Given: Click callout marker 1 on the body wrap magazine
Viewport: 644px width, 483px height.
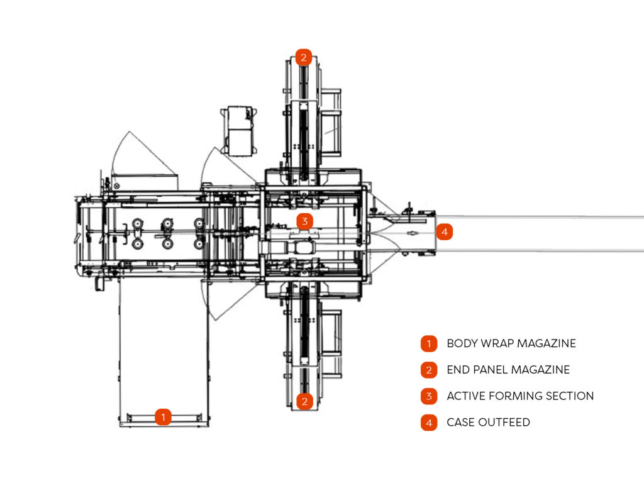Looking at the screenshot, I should (163, 417).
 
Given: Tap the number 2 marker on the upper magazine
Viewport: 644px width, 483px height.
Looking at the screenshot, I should (303, 58).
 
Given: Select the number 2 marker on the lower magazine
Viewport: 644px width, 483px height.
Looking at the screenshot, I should (304, 401).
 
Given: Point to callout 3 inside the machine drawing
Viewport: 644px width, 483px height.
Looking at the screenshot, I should (304, 221).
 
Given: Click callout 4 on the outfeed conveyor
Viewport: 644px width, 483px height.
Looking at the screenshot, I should (444, 231).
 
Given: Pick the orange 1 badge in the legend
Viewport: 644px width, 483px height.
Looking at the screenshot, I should (428, 344).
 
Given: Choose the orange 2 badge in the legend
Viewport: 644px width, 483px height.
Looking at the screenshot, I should (428, 370).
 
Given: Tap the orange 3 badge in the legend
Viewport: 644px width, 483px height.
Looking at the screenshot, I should (428, 396).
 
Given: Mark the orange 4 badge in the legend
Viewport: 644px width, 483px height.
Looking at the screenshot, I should (428, 423).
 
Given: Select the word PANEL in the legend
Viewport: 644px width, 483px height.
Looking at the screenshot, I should (493, 370).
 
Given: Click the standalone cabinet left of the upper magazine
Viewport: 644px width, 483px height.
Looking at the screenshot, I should (240, 130).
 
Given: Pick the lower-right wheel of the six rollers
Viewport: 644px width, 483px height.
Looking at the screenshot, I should (199, 243).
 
